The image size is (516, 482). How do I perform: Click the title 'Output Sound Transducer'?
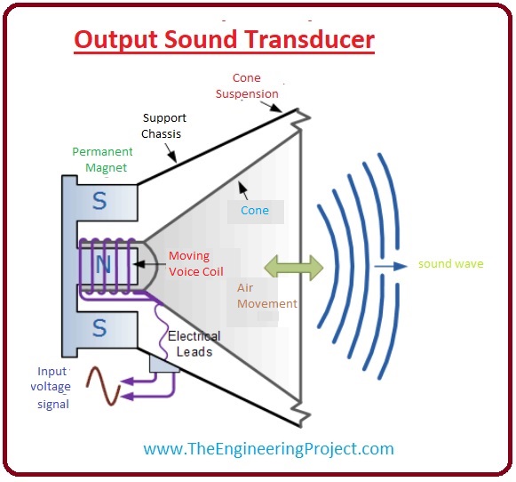pyautogui.click(x=224, y=40)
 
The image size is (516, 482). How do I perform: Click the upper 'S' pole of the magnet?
pyautogui.click(x=99, y=201)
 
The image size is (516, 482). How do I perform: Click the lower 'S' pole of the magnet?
pyautogui.click(x=99, y=328)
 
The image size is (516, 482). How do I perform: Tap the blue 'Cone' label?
pyautogui.click(x=256, y=212)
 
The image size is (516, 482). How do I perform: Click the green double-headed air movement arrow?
pyautogui.click(x=292, y=265)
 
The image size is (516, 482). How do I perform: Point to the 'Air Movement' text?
pyautogui.click(x=266, y=295)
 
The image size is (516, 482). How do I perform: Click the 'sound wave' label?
pyautogui.click(x=451, y=264)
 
